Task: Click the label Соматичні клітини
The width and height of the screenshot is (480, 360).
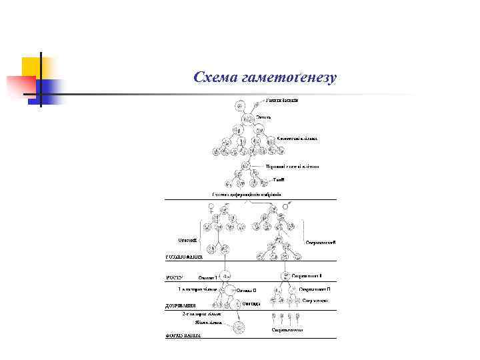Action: pos(297,139)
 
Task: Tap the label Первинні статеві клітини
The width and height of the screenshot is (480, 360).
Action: pos(292,166)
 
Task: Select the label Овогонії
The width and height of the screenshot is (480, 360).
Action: pos(187,240)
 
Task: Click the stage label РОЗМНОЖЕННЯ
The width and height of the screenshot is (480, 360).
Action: pos(183,256)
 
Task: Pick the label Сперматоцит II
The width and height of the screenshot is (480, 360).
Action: pos(315,289)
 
